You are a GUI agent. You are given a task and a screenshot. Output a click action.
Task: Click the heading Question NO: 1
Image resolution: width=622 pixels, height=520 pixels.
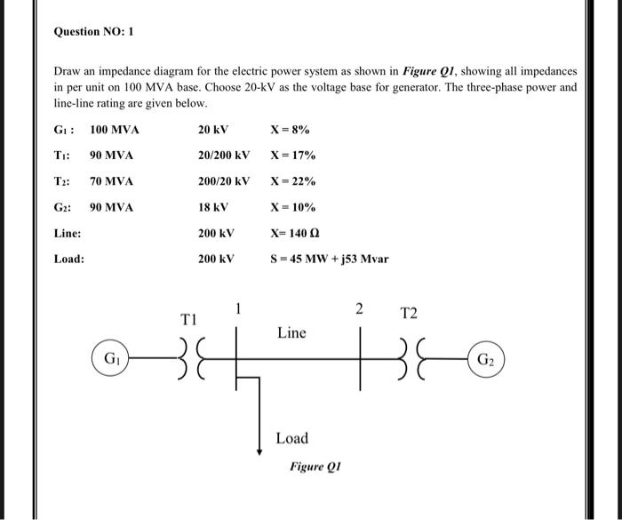click(92, 31)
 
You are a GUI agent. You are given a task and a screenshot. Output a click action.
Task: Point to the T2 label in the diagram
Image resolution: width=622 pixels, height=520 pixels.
click(409, 313)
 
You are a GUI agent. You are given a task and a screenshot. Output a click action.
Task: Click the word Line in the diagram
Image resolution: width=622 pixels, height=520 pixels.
click(291, 333)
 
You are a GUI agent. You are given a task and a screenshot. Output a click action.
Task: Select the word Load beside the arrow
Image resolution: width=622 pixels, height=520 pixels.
click(291, 438)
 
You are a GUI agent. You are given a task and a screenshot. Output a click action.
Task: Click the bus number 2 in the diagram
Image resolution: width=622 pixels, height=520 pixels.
click(359, 309)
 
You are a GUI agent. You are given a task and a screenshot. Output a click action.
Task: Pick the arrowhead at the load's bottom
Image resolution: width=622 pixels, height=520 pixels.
click(259, 452)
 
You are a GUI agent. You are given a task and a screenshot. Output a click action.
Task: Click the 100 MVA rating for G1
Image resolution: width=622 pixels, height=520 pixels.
click(115, 130)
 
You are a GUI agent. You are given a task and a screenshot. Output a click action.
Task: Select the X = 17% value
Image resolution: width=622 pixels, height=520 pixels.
click(293, 156)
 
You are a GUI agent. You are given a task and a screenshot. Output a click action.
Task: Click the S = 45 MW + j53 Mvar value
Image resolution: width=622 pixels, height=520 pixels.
click(330, 260)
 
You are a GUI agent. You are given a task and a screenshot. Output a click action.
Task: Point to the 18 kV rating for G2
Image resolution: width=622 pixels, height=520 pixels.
click(213, 208)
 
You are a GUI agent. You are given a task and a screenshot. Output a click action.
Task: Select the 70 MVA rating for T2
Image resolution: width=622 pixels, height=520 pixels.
click(111, 181)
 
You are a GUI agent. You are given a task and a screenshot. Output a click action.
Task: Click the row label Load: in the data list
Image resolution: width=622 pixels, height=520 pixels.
click(68, 260)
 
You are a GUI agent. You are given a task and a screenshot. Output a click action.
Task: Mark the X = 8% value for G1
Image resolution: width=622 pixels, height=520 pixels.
click(290, 130)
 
